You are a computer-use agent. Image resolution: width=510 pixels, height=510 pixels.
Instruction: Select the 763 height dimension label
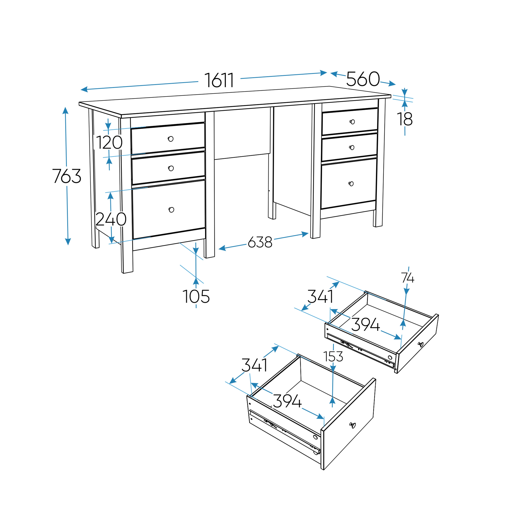67,176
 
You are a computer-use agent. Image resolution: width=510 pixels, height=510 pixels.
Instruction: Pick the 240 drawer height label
111,219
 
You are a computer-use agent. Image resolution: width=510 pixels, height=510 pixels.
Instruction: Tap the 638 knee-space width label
260,242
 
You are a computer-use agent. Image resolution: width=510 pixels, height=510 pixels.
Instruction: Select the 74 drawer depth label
408,278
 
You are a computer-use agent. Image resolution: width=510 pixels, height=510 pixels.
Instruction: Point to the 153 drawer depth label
333,357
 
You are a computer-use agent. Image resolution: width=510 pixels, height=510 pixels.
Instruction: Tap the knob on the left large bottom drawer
171,210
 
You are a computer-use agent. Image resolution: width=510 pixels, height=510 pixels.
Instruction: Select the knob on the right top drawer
352,122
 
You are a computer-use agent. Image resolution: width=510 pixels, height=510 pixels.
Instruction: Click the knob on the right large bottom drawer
351,184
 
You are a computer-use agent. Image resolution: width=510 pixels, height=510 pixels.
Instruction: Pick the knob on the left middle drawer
171,168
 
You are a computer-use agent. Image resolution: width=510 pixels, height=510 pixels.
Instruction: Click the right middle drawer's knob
352,148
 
